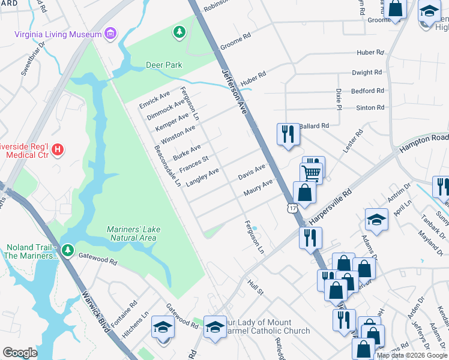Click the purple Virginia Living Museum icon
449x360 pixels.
pyautogui.click(x=110, y=34)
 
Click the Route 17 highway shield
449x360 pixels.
pyautogui.click(x=292, y=208)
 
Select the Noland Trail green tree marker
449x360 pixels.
pyautogui.click(x=69, y=248)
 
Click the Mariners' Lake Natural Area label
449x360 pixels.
pyautogui.click(x=131, y=233)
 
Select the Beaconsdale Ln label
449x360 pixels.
pyautogui.click(x=167, y=166)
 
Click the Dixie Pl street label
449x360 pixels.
pyautogui.click(x=339, y=95)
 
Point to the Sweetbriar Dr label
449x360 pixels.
pyautogui.click(x=34, y=59)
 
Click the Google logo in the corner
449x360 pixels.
pyautogui.click(x=20, y=353)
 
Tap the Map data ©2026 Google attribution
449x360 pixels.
pyautogui.click(x=412, y=355)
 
